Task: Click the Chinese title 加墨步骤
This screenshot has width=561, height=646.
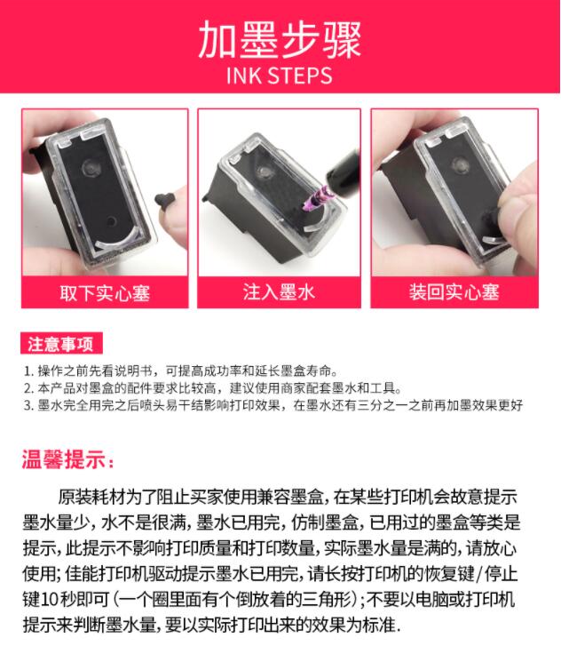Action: click(280, 40)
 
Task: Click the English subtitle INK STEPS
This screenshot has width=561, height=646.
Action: click(280, 76)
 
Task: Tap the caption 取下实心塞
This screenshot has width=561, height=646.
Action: click(105, 293)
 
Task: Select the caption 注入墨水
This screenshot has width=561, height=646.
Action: click(279, 292)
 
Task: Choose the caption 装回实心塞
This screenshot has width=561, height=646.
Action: click(454, 292)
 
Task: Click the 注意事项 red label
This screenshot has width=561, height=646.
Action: click(61, 344)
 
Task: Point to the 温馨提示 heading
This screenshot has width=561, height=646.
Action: click(67, 459)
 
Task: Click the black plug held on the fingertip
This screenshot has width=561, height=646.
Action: click(165, 199)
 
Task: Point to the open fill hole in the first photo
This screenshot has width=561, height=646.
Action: click(111, 221)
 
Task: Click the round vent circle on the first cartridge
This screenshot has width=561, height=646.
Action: click(91, 168)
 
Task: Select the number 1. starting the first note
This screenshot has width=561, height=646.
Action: click(28, 371)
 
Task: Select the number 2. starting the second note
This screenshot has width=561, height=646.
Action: click(28, 388)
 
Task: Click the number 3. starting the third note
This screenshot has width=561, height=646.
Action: click(28, 405)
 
